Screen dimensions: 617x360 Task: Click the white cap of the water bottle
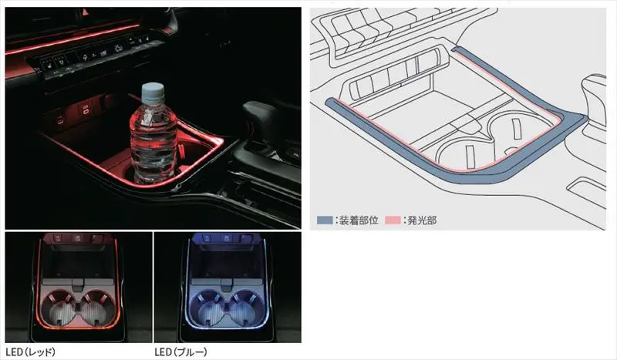[152, 93]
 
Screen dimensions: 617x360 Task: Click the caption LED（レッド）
[30, 352]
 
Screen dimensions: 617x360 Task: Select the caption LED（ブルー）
[180, 352]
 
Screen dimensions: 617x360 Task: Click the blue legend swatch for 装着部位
[325, 220]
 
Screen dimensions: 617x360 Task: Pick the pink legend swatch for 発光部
[393, 220]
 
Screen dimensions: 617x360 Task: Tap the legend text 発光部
[422, 220]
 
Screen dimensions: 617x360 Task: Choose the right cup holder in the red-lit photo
[98, 308]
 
